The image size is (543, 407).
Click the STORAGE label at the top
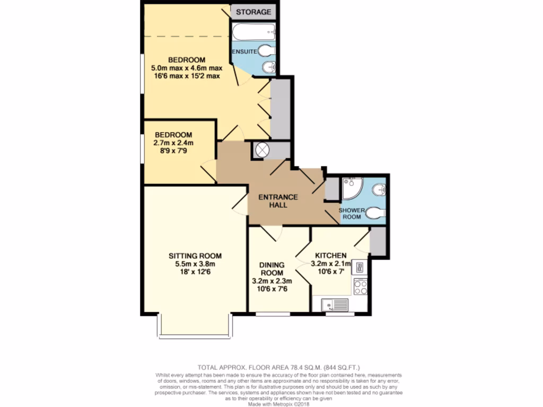coord(253,12)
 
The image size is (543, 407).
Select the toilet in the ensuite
coord(268,51)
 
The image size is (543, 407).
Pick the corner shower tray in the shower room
coord(351,187)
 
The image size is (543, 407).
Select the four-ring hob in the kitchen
coord(361,287)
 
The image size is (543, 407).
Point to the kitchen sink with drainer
coord(334,304)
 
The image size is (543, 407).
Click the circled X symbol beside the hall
coord(262,150)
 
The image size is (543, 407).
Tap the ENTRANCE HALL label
coord(278,201)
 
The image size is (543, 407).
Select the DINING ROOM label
coord(271,269)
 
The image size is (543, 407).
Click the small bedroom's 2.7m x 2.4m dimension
coord(173,143)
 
